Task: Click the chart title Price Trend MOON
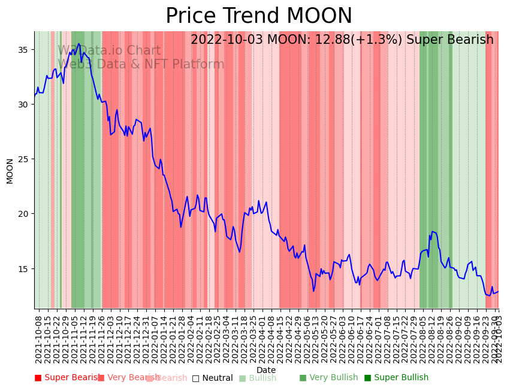259,16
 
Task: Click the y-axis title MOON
10,171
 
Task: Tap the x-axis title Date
266,370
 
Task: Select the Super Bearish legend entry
67,378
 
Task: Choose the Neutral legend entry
213,378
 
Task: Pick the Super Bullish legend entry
397,378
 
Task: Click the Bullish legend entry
258,378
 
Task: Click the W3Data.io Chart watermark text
109,50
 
